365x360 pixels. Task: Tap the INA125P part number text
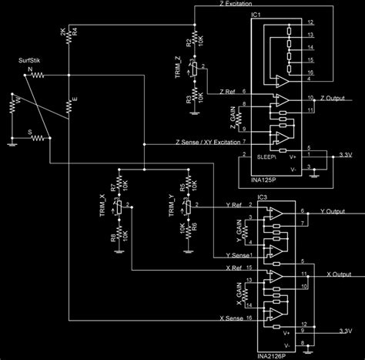263,180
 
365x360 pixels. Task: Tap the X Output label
339,273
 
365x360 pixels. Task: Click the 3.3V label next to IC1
346,155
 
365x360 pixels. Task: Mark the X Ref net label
231,267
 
